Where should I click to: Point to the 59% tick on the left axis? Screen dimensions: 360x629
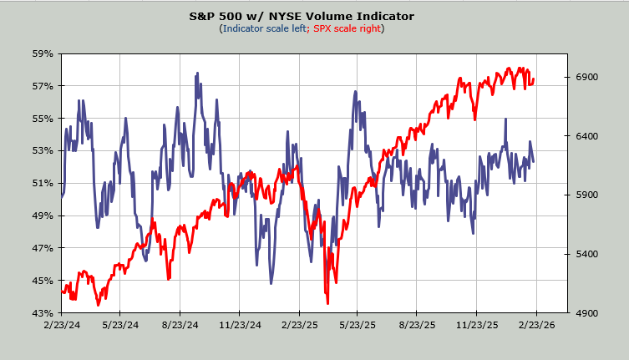pos(43,53)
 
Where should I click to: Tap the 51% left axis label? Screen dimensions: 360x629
pos(43,183)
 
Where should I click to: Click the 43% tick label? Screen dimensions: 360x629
pos(43,313)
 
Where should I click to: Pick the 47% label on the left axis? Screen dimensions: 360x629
pos(43,248)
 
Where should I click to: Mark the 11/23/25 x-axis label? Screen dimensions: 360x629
pos(476,326)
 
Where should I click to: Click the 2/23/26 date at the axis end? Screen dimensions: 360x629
pos(535,326)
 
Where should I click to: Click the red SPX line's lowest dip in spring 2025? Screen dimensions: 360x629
pos(327,303)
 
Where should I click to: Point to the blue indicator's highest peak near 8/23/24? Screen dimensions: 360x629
pos(198,74)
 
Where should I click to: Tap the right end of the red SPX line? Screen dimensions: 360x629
pos(534,80)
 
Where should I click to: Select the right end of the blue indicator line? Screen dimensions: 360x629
pos(534,161)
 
